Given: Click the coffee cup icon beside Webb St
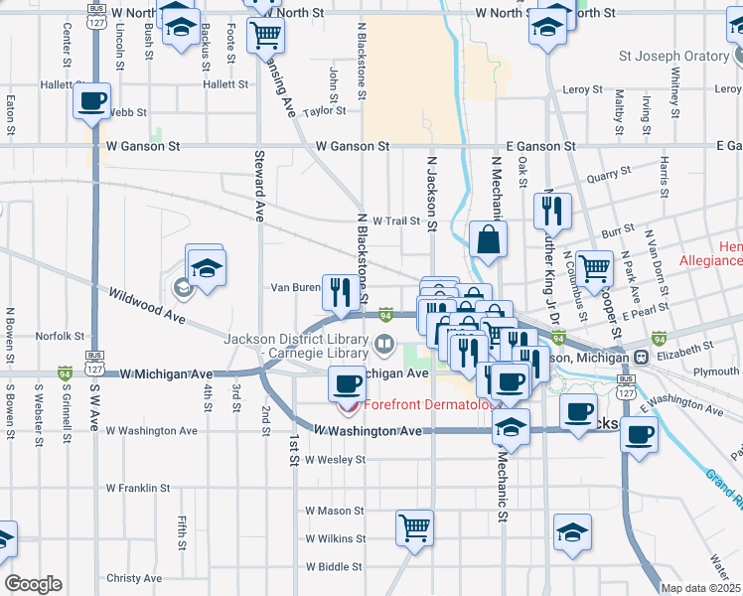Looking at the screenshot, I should pyautogui.click(x=92, y=101).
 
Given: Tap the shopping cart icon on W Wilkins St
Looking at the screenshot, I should pyautogui.click(x=414, y=528).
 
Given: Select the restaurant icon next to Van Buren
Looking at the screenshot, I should pyautogui.click(x=341, y=292).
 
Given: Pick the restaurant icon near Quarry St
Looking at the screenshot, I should pyautogui.click(x=550, y=212).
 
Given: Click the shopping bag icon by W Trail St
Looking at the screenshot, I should pyautogui.click(x=488, y=240).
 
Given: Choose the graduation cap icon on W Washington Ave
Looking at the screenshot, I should pyautogui.click(x=512, y=427).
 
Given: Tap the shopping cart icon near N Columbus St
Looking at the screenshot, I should pyautogui.click(x=594, y=266).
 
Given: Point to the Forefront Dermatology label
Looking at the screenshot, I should pyautogui.click(x=431, y=404).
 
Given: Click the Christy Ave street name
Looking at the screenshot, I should pyautogui.click(x=133, y=578).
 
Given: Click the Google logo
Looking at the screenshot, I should pyautogui.click(x=33, y=584).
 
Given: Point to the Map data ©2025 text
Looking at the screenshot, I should pyautogui.click(x=700, y=588).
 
